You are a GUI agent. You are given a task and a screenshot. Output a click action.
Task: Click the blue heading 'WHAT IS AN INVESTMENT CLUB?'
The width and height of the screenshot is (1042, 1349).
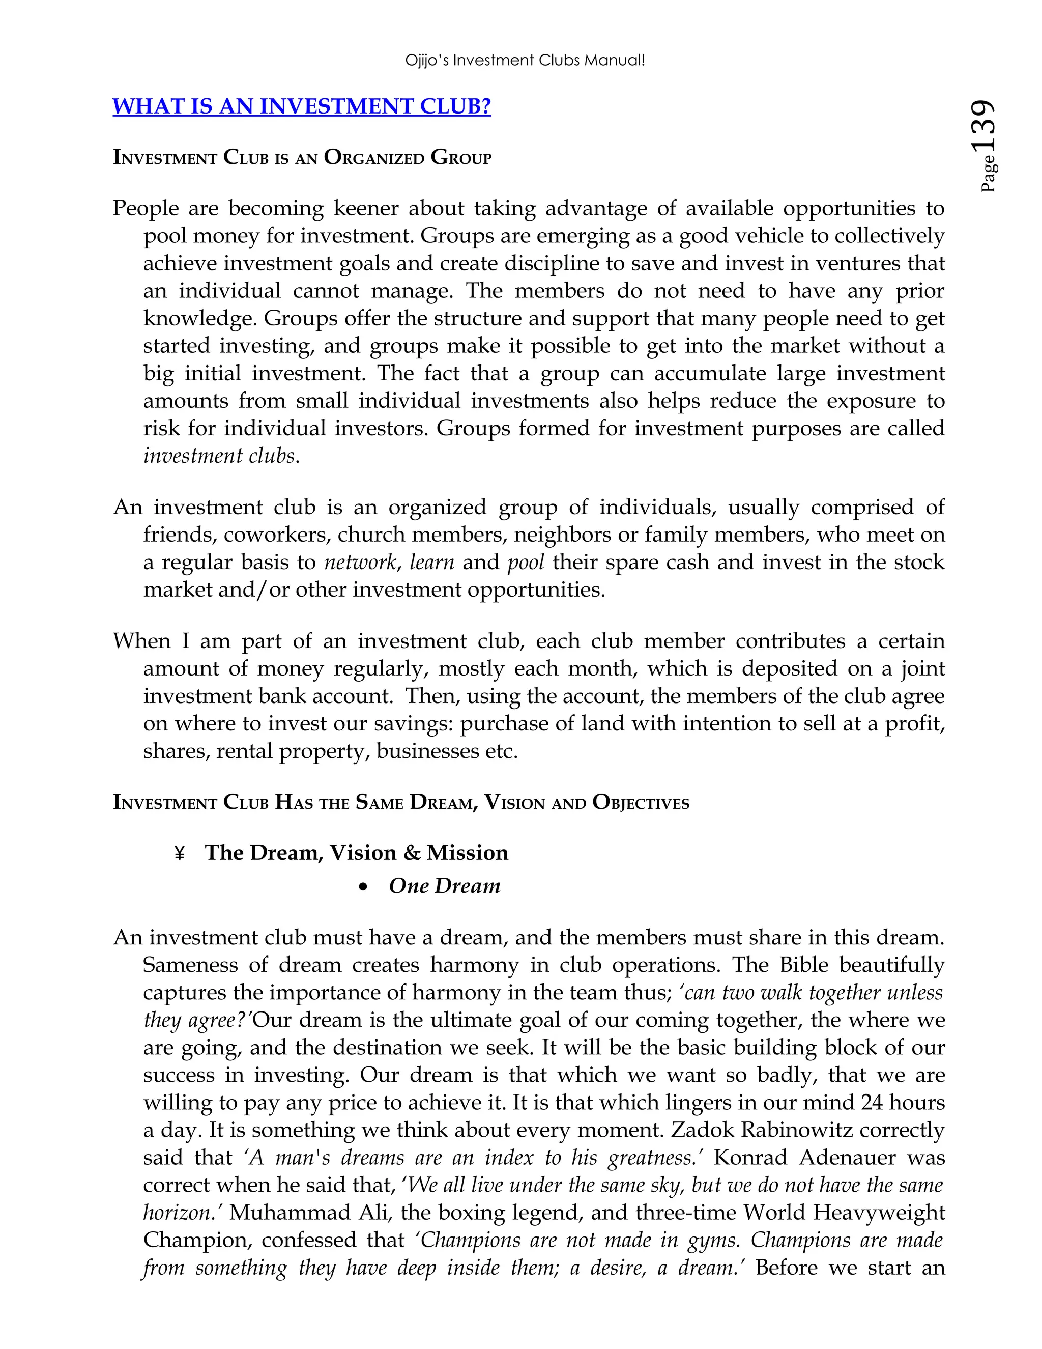301,106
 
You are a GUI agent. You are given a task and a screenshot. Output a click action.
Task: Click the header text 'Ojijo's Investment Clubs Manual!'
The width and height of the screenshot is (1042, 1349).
525,61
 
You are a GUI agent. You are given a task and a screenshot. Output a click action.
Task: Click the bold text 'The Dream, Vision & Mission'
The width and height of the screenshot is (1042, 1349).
356,853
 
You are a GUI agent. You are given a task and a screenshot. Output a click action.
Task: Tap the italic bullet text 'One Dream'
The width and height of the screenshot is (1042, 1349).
445,886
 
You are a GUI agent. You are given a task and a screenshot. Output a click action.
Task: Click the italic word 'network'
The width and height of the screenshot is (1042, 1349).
359,562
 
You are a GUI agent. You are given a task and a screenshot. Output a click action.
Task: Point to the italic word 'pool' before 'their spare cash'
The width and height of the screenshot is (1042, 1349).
526,562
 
